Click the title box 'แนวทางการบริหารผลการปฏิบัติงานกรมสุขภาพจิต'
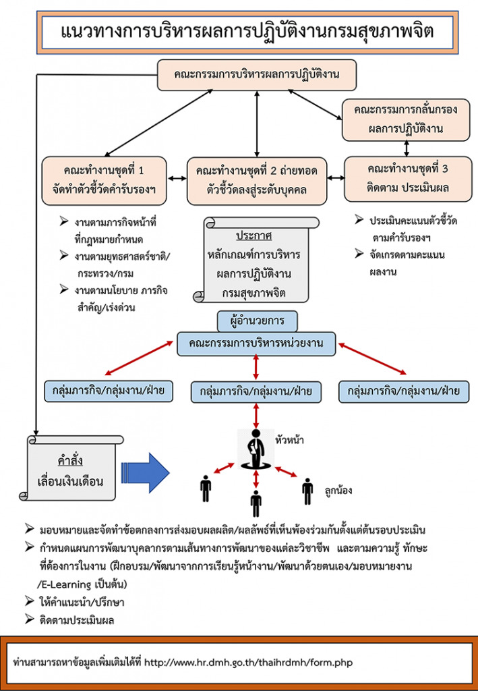(x=247, y=32)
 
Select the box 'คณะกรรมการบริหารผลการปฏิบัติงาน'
(x=257, y=74)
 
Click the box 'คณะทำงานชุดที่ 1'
(x=104, y=181)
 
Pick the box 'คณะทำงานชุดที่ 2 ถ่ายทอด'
(x=257, y=181)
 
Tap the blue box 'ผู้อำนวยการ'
(x=257, y=321)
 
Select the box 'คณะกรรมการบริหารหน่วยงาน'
(x=256, y=343)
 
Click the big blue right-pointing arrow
(x=145, y=473)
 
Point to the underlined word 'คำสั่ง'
(x=70, y=461)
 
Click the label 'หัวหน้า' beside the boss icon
(x=289, y=440)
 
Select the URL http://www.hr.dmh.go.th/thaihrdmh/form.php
(x=248, y=663)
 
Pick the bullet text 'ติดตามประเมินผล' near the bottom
(x=76, y=621)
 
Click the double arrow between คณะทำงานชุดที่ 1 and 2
(x=177, y=178)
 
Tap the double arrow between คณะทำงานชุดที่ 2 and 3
(x=336, y=178)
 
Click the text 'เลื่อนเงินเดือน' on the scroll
(x=70, y=480)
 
